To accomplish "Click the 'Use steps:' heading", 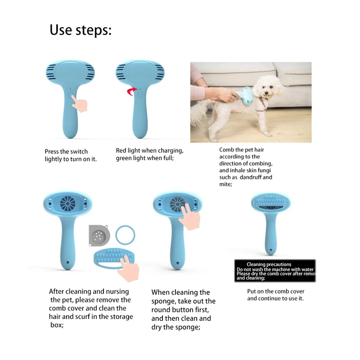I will coord(80,30).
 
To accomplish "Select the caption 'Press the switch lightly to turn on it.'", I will coord(71,155).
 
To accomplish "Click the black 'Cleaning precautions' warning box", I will coord(275,271).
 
